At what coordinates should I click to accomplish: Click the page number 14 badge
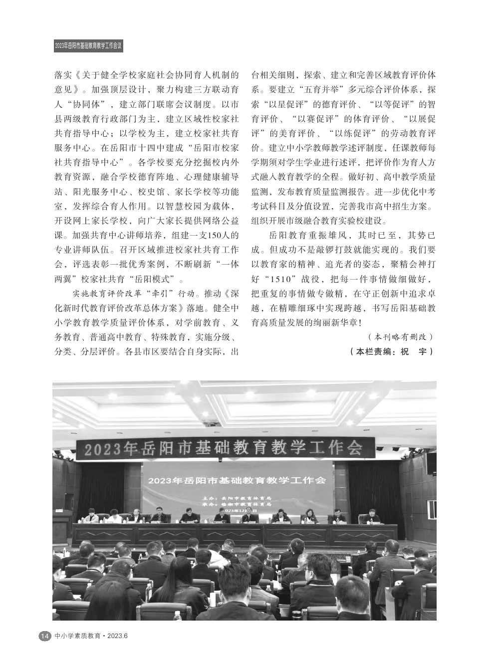(44, 636)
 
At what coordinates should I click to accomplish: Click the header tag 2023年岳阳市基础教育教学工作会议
(88, 46)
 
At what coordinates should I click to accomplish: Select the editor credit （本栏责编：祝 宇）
(393, 351)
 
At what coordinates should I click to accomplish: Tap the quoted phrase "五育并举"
(318, 90)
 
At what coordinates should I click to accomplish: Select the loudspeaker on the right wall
(431, 464)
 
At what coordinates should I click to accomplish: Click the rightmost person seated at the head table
(370, 516)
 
